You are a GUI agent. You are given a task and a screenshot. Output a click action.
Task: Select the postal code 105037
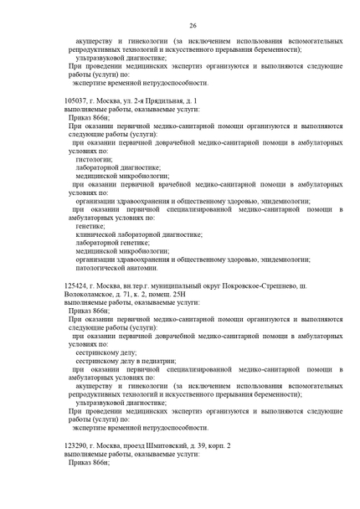pyautogui.click(x=76, y=100)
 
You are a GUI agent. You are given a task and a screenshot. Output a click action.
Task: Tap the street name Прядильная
pyautogui.click(x=157, y=100)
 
